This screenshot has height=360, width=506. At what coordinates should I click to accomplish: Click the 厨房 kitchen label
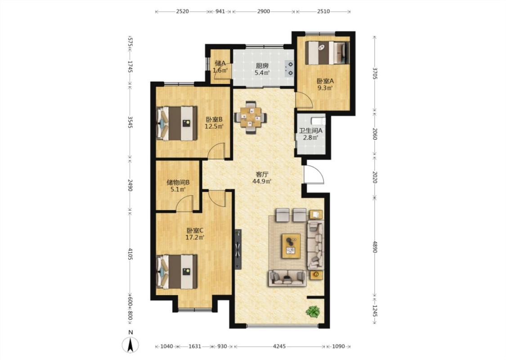coord(262,66)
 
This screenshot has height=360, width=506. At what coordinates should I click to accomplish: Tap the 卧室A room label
coord(325,81)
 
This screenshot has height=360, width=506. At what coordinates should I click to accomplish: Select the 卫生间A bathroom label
coord(310,131)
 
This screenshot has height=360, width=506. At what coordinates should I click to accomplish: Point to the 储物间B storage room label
coord(178,182)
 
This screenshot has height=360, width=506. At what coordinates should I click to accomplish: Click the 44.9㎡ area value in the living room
coord(262,181)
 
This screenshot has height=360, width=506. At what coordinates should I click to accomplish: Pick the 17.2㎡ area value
coord(195,238)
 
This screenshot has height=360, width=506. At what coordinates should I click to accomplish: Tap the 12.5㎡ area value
coord(214,126)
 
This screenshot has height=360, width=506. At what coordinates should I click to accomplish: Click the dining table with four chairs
coord(250,117)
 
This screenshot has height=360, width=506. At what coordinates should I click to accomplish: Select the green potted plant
coord(313,311)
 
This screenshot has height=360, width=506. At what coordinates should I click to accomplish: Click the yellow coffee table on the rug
coord(291,246)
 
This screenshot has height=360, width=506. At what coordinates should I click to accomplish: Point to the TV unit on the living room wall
coord(238,249)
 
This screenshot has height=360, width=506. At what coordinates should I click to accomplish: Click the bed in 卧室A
coord(327,53)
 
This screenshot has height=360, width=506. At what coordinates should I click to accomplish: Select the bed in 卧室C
coord(176,272)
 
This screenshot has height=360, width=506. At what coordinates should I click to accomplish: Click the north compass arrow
coord(130,345)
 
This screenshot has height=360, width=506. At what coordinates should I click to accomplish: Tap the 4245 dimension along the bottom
coord(279,346)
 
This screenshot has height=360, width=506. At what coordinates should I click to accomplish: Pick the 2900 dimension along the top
coord(263,11)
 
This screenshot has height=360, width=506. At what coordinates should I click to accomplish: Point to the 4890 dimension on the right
coord(374,247)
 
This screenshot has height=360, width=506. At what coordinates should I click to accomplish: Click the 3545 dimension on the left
coord(130,122)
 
